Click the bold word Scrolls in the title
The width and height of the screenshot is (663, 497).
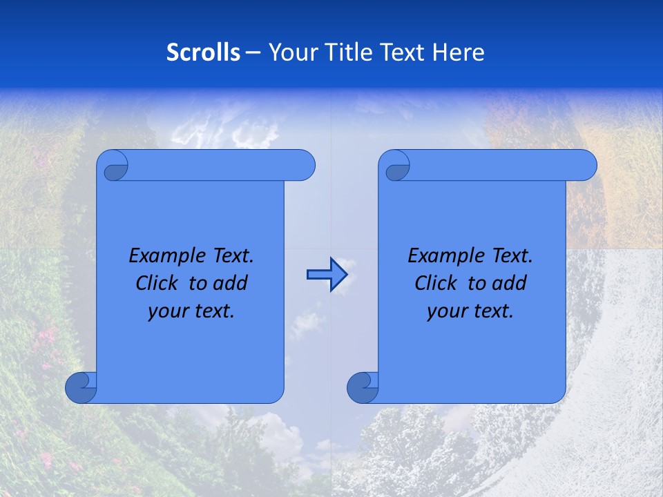click(203, 52)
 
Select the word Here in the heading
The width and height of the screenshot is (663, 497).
click(458, 52)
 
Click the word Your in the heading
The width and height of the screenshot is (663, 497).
click(288, 52)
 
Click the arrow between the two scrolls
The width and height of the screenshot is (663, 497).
click(326, 275)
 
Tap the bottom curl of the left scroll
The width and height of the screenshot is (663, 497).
click(81, 388)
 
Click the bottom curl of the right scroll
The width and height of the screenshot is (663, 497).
click(363, 388)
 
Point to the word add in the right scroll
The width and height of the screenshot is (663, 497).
click(510, 284)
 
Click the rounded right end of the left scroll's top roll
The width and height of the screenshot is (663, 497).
click(304, 166)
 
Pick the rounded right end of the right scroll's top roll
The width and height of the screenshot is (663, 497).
click(586, 166)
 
